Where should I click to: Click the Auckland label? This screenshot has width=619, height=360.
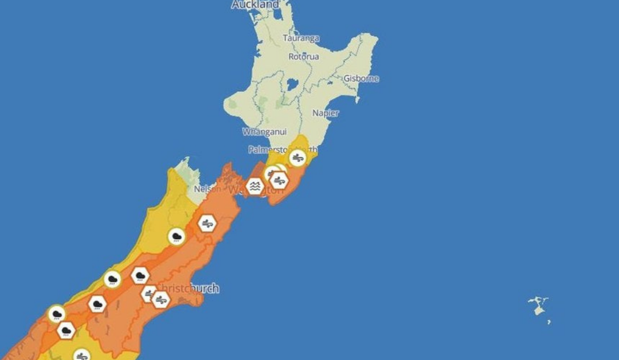click(255, 5)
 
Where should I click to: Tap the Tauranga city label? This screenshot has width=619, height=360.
click(301, 38)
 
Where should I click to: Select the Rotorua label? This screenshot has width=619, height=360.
click(303, 57)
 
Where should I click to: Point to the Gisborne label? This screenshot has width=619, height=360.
click(361, 79)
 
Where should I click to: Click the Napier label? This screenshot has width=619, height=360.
click(326, 113)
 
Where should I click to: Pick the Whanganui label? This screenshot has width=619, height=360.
click(264, 132)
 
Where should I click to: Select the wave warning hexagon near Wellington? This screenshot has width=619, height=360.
click(254, 186)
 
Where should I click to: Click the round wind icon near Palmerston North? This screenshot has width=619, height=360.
click(297, 158)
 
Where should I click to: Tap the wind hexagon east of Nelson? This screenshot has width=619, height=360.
click(207, 223)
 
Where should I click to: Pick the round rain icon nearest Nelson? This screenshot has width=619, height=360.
click(177, 236)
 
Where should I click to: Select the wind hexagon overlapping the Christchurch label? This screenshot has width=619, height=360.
click(161, 299)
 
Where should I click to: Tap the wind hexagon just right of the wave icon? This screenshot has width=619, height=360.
click(279, 181)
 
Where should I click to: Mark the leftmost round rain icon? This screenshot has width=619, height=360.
click(56, 314)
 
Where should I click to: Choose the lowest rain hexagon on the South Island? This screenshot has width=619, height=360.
click(66, 331)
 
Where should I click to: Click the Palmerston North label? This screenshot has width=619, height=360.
click(281, 150)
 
